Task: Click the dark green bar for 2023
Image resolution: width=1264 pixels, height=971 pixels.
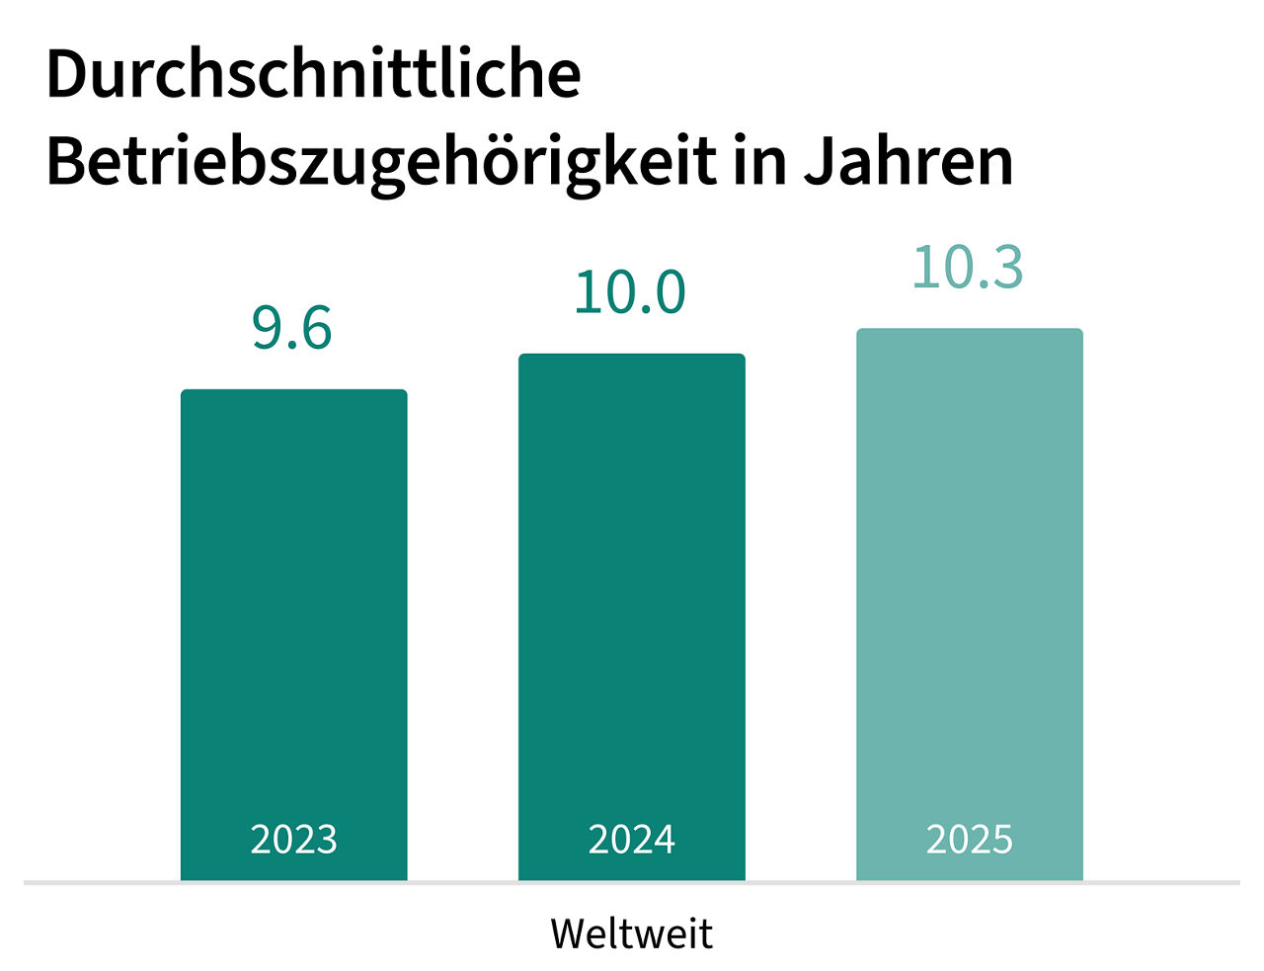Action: point(293,612)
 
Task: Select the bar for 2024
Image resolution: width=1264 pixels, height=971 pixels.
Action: point(631,593)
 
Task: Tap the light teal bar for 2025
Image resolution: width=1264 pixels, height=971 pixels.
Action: point(969,583)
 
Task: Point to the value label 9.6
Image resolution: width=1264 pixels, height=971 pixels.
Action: point(292,328)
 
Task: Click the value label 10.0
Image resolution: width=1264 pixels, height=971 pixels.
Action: point(630,292)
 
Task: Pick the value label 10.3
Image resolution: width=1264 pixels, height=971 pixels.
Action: point(968,268)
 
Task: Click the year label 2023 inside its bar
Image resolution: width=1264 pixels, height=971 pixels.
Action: point(293,840)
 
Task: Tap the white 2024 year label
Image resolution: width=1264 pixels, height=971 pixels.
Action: point(631,840)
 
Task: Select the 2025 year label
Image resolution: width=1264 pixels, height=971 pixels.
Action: point(969,840)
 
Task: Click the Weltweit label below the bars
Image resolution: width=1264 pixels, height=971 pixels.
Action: point(632,933)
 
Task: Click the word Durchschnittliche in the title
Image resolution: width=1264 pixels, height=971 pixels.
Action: point(313,74)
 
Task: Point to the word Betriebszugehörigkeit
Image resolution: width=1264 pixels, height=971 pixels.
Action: point(381,161)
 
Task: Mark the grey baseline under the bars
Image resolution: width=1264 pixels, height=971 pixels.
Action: point(632,882)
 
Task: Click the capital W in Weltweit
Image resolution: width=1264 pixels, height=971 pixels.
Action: point(570,933)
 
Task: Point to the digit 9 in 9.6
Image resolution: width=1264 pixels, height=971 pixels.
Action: point(268,328)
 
